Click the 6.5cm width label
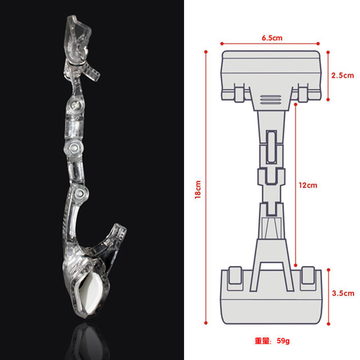tap(272, 38)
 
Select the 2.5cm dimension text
tap(342, 76)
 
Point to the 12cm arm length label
tap(308, 185)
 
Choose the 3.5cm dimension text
tap(342, 293)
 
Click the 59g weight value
tap(283, 341)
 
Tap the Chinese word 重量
tap(262, 341)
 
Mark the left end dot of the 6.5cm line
tap(222, 44)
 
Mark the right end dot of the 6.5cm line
tap(318, 44)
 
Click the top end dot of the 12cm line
tap(296, 104)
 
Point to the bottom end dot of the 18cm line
tap(206, 322)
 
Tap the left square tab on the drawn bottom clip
tap(234, 276)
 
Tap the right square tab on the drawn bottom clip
tap(308, 276)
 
